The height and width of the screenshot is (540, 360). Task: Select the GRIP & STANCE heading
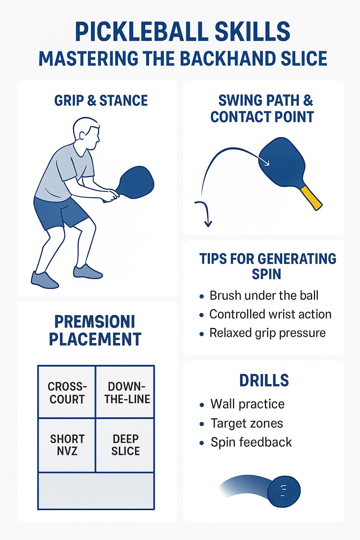pyautogui.click(x=101, y=101)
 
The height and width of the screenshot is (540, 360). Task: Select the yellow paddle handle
pyautogui.click(x=312, y=198)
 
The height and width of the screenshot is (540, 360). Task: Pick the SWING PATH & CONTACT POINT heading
pyautogui.click(x=262, y=109)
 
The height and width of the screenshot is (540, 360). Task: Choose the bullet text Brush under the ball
pyautogui.click(x=264, y=296)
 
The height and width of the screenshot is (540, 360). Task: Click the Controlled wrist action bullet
pyautogui.click(x=270, y=314)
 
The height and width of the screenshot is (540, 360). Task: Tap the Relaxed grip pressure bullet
pyautogui.click(x=267, y=333)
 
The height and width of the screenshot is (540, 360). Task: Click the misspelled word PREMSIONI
pyautogui.click(x=94, y=321)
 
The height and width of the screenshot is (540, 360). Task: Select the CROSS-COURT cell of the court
pyautogui.click(x=67, y=393)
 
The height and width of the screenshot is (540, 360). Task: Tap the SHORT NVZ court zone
pyautogui.click(x=67, y=445)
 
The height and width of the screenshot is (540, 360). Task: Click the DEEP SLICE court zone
pyautogui.click(x=125, y=445)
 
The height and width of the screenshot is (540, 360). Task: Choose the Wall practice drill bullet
pyautogui.click(x=247, y=404)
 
